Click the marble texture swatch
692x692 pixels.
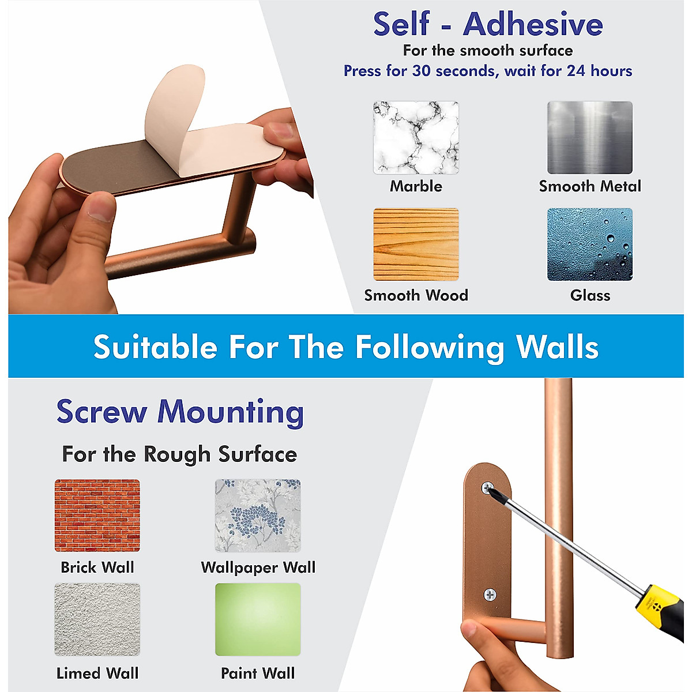point(416,138)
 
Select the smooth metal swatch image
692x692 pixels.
point(589,138)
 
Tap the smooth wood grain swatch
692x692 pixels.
point(416,245)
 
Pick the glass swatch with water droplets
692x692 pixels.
point(589,245)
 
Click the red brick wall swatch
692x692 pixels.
point(97,516)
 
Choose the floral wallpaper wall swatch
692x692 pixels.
point(258,516)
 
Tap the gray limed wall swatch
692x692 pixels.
point(97,619)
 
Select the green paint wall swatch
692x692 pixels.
point(258,619)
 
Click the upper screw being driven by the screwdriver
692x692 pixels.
point(488,489)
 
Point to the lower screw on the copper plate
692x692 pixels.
point(490,595)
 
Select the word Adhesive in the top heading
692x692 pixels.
point(533,24)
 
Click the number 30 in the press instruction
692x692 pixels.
point(421,71)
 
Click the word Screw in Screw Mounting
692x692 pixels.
point(101,412)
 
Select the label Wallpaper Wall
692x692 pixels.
point(258,567)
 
